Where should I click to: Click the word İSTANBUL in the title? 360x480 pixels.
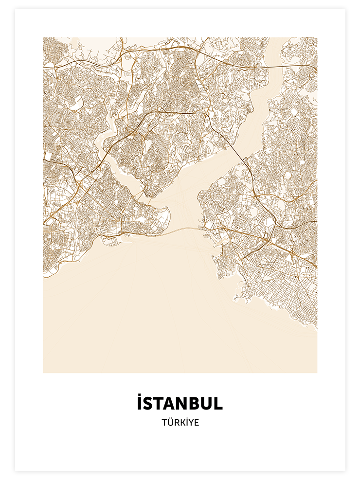click(180, 403)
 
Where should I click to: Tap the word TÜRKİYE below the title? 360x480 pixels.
click(180, 423)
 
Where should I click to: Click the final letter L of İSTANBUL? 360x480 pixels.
click(218, 403)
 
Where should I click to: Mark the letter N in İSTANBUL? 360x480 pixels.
click(178, 403)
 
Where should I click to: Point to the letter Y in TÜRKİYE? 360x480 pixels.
click(190, 423)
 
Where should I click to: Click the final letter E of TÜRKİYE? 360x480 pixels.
click(196, 423)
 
